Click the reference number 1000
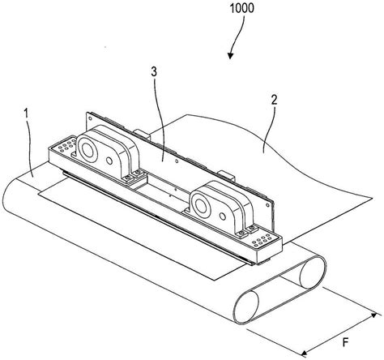coord(241,8)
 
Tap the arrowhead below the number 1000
coord(230,56)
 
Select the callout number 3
coord(154,72)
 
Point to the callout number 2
coord(274,101)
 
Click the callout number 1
coord(26,114)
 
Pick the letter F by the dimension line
coord(345,343)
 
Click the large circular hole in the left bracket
coord(87,149)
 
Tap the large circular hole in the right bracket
coord(201,205)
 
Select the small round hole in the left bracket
coord(109,161)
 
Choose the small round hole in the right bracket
coord(223,216)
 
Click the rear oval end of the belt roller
coord(313,272)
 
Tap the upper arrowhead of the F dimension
coord(374,315)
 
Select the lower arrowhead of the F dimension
coord(304,353)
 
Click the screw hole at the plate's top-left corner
coord(90,118)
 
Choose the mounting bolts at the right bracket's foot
coord(247,231)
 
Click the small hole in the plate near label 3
coord(176,161)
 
